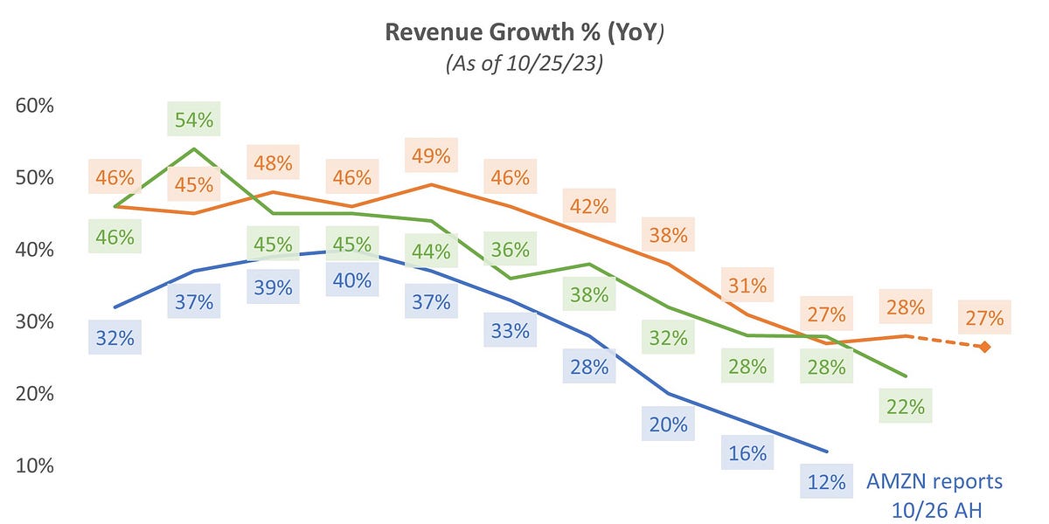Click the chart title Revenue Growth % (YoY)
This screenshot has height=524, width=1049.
524,31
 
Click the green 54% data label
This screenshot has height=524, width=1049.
194,121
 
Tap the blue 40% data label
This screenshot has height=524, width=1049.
352,280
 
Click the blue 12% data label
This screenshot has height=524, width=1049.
826,481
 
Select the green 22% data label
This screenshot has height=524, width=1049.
906,406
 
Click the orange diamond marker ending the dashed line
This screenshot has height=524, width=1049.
984,347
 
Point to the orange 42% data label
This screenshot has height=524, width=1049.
589,207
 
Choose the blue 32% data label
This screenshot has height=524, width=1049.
115,338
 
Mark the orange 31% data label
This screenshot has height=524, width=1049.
748,286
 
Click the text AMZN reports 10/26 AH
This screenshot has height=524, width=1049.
934,493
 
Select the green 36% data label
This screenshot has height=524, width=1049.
511,250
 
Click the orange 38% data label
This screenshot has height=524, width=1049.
668,235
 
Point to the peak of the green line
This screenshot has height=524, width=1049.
194,149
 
